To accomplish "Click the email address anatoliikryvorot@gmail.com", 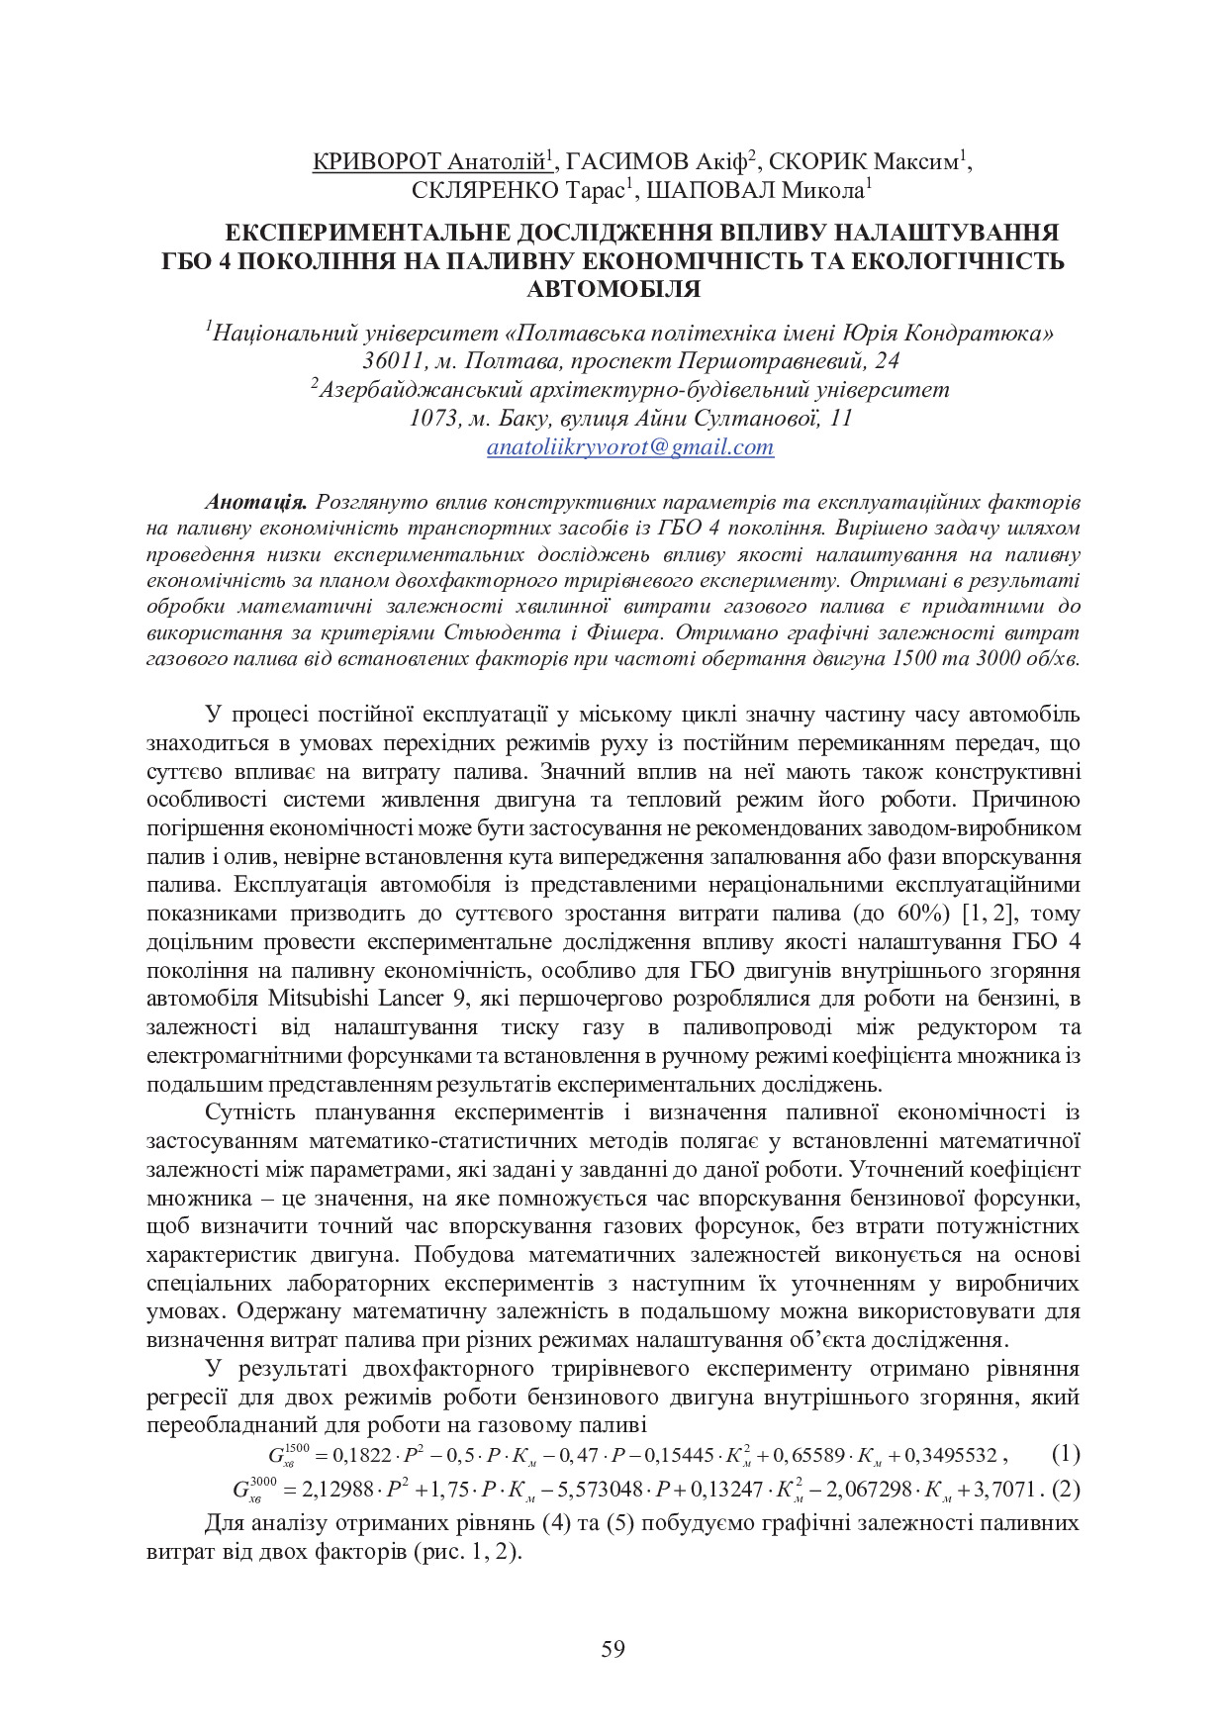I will [x=629, y=447].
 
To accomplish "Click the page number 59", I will [x=613, y=1649].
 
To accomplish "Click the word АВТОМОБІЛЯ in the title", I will [x=613, y=289].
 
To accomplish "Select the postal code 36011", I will [x=394, y=361].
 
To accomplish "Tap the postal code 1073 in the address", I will [x=432, y=419].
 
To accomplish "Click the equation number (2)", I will [x=1066, y=1489].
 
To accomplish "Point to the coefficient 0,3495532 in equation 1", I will [x=954, y=1456].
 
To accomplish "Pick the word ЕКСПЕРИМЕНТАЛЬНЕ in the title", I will [x=366, y=234].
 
